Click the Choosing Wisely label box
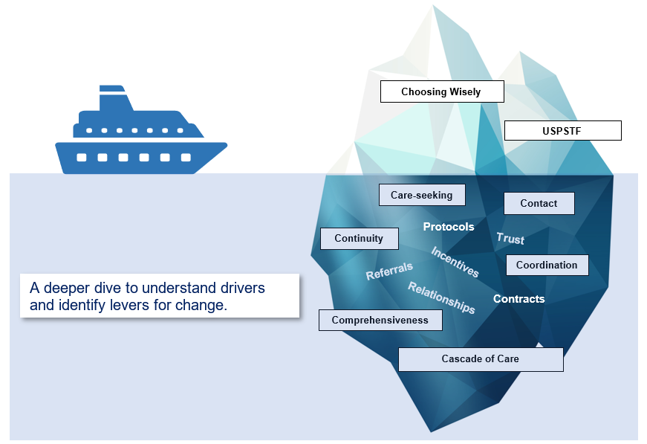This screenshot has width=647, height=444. point(442,91)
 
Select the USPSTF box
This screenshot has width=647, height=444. point(563,130)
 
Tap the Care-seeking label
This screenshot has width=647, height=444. point(422,195)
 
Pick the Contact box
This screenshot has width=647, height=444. point(539,203)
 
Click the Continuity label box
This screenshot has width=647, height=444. point(360,238)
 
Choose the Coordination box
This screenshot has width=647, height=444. point(547,265)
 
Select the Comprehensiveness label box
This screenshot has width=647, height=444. point(380,320)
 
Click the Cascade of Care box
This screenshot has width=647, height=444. point(481,359)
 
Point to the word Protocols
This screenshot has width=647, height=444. point(449,227)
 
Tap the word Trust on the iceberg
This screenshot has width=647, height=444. point(510,238)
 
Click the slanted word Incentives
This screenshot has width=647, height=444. point(455,262)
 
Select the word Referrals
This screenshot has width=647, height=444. point(389,271)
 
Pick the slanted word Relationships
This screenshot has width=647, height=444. point(441,297)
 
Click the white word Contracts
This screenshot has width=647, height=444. point(519,299)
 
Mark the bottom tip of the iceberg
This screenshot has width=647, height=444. point(431,431)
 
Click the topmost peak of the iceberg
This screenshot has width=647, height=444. point(433,5)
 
